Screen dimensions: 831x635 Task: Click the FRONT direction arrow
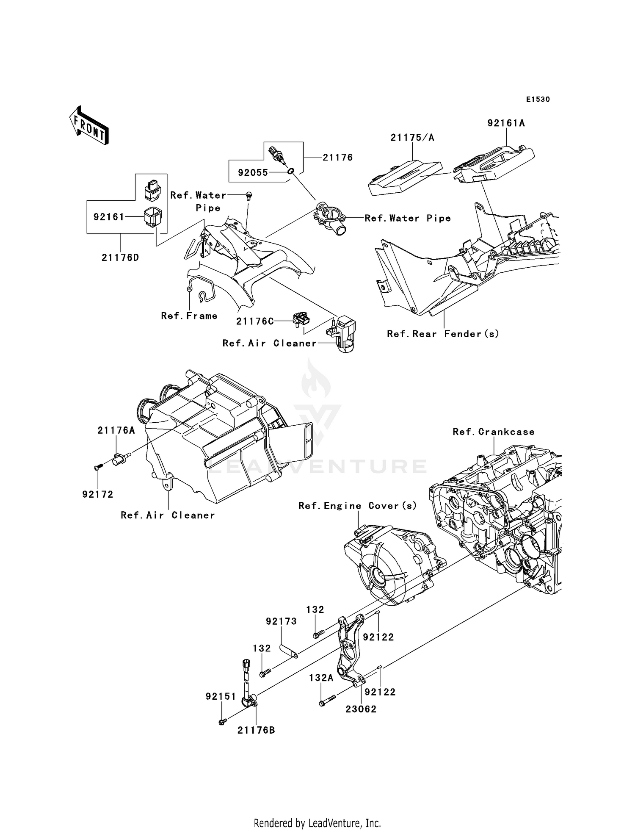89,126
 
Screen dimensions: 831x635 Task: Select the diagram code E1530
538,100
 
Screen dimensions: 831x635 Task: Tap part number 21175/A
412,138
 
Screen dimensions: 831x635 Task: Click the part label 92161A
506,123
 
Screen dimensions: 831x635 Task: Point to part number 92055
253,173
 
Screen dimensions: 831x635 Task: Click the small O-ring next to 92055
290,172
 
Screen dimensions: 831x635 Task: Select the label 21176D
120,258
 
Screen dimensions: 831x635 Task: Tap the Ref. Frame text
189,316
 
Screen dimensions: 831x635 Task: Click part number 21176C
255,321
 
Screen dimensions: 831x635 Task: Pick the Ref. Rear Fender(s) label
443,334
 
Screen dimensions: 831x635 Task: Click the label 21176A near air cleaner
116,431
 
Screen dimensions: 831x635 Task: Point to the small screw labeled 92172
98,467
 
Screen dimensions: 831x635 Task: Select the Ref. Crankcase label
493,432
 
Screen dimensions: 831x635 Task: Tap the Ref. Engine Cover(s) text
358,506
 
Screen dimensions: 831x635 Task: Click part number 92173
281,621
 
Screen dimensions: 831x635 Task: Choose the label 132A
321,678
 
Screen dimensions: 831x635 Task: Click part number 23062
361,709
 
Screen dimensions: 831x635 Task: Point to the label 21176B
256,730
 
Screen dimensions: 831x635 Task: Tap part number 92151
221,697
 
